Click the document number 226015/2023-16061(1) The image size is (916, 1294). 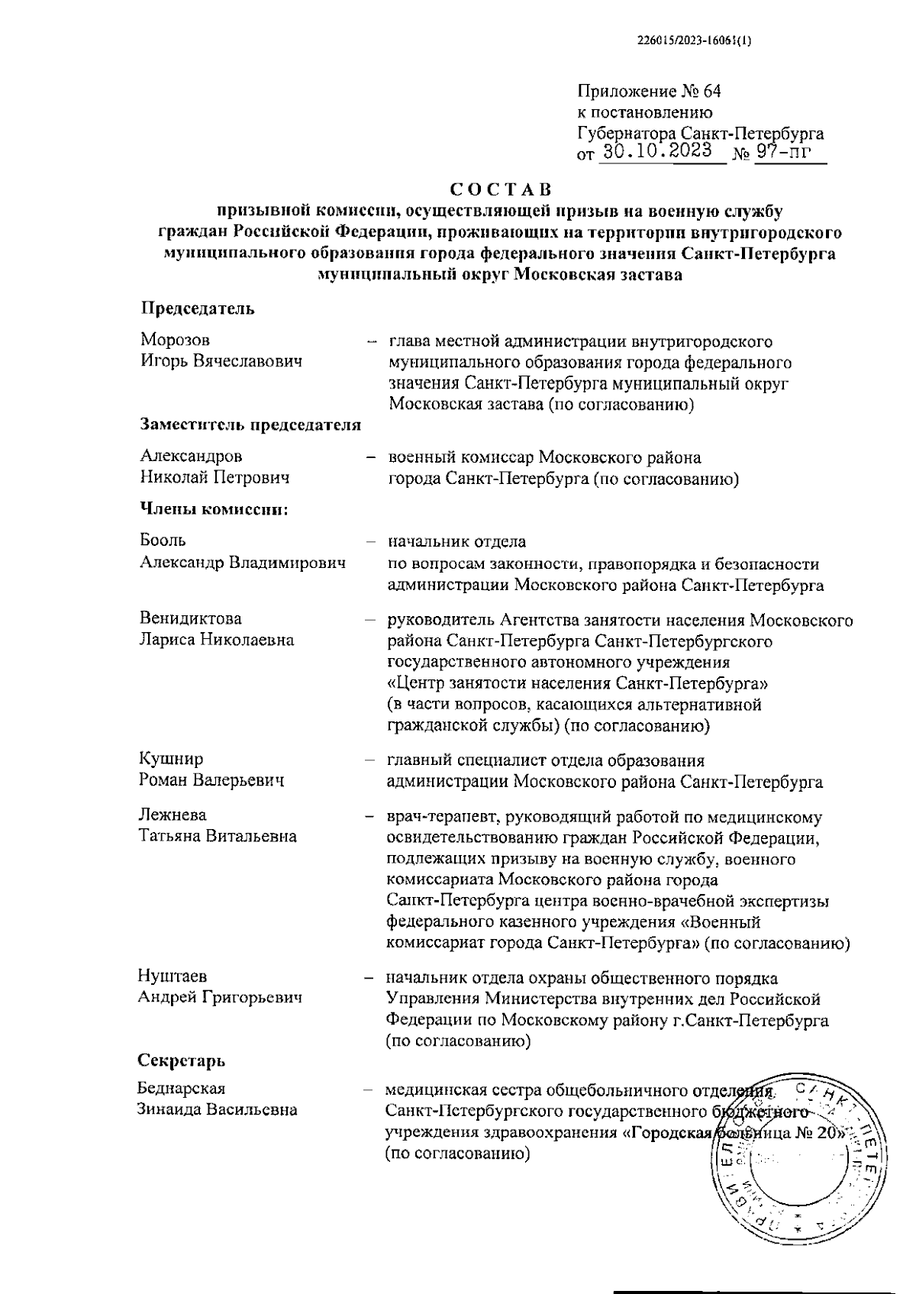point(694,43)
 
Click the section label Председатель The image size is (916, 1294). point(197,309)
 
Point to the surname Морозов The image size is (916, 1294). point(175,340)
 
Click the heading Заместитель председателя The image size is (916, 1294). point(250,426)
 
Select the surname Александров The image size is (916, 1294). point(191,457)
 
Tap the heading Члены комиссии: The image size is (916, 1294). point(213,509)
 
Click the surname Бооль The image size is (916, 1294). point(163,541)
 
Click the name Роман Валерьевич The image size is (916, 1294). point(211,780)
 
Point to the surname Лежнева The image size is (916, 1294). point(173,815)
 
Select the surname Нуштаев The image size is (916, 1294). point(172,976)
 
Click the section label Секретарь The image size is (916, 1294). point(181,1060)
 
